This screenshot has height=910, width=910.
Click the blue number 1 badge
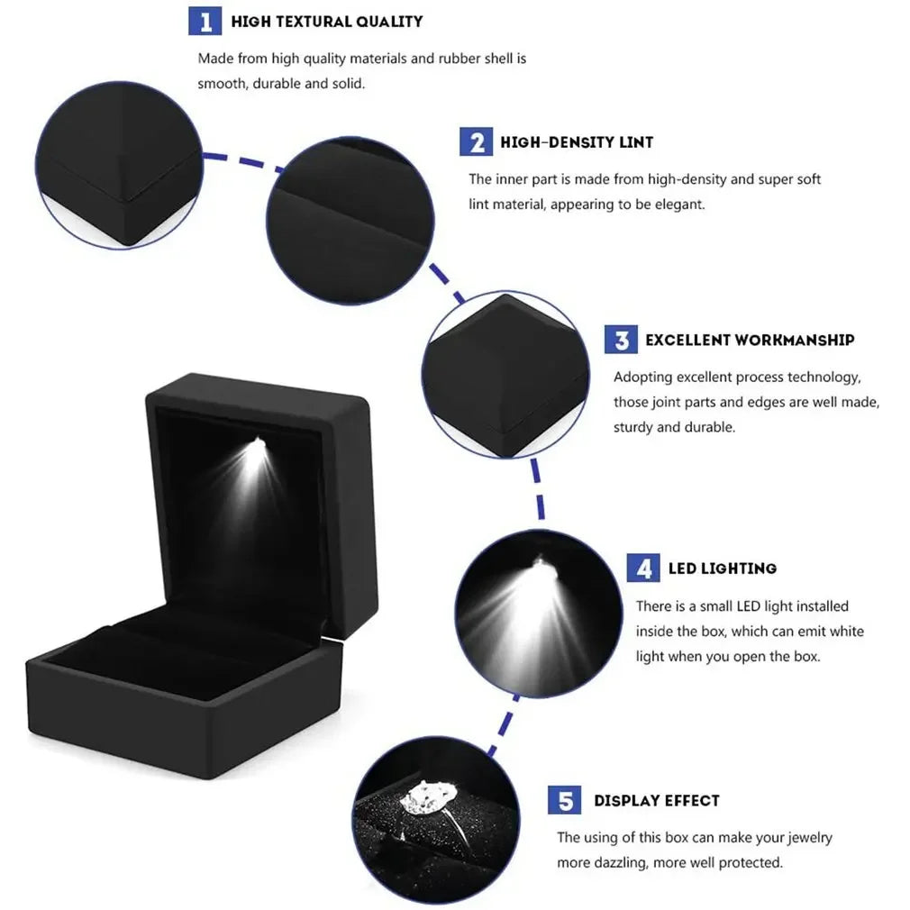click(x=205, y=21)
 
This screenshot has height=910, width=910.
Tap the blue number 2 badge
click(x=476, y=142)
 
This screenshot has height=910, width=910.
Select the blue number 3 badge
click(x=621, y=340)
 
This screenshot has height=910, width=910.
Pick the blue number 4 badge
click(x=643, y=569)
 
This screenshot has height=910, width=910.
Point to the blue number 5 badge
click(x=565, y=800)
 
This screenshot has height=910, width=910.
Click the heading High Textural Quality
click(x=326, y=21)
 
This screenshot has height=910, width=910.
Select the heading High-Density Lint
click(x=577, y=142)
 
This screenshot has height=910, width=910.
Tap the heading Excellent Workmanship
click(x=750, y=340)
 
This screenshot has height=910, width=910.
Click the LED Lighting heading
click(x=722, y=569)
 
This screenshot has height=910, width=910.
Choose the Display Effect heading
click(x=656, y=800)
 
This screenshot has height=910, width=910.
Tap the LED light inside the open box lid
click(x=259, y=443)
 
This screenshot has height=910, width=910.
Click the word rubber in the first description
click(x=460, y=59)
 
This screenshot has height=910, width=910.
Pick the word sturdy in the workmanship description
click(x=634, y=427)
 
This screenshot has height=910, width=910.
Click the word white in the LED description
click(x=845, y=632)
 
